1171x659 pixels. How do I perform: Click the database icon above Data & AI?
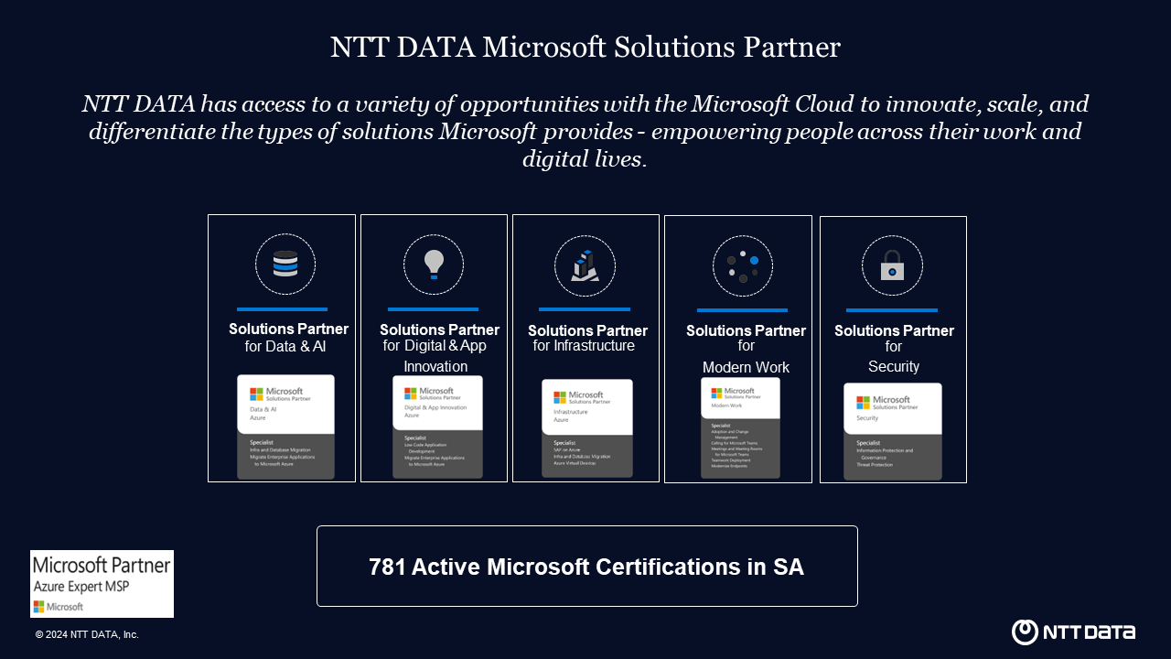[x=285, y=265]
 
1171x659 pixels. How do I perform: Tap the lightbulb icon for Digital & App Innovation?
[x=434, y=265]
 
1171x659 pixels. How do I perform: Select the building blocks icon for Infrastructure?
[x=585, y=265]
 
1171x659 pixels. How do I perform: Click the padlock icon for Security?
[x=892, y=266]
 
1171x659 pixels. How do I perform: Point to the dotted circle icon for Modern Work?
[x=743, y=266]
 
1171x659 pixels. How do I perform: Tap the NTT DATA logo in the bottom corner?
[x=1073, y=632]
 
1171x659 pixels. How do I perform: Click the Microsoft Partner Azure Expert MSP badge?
[x=102, y=583]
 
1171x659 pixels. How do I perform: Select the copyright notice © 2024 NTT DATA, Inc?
[x=87, y=634]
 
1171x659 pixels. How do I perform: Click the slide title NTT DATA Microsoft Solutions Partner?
[x=585, y=48]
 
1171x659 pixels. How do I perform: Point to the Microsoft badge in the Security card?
[x=892, y=431]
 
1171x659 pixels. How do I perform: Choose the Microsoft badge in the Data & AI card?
[x=285, y=427]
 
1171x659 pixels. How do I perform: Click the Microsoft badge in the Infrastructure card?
[x=586, y=427]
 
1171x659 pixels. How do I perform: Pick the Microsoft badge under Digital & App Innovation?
[x=437, y=427]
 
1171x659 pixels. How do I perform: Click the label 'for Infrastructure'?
[x=584, y=346]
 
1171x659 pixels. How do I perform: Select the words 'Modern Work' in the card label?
[x=746, y=367]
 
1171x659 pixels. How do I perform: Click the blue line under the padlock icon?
[x=891, y=310]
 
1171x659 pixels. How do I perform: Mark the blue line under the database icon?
[x=282, y=309]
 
